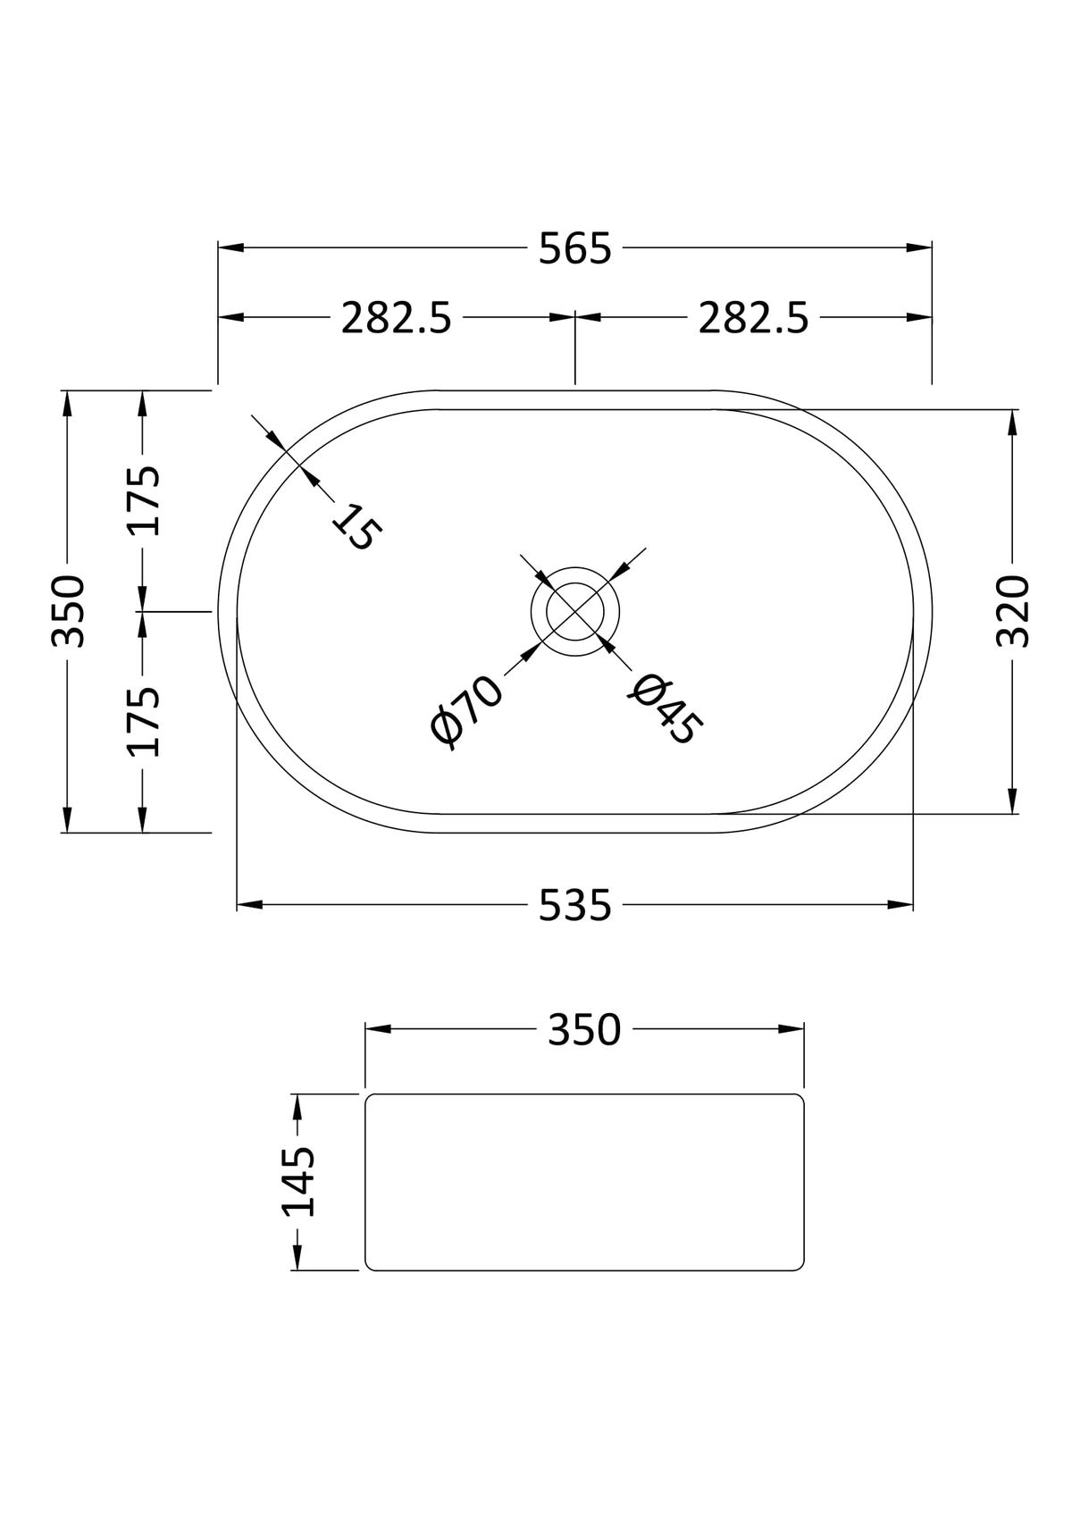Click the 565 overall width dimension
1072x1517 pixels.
pos(574,248)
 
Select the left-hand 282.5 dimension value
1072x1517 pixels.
pos(396,318)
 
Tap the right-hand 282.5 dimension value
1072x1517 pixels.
pos(753,318)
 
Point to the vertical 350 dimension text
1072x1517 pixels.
pos(69,611)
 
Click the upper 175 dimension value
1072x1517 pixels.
pos(144,500)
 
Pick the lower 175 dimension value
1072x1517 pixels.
pos(144,721)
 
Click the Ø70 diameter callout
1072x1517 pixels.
pos(467,712)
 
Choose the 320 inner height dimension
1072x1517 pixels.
pos(1014,611)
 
